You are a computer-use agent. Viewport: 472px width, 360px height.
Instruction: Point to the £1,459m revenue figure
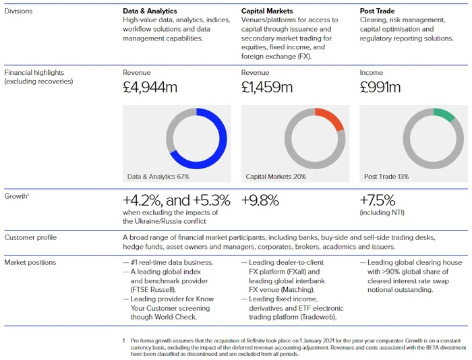click(x=267, y=87)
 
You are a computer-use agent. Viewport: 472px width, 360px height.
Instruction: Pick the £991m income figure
click(x=380, y=87)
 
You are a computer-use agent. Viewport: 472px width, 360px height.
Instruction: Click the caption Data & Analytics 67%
click(x=158, y=177)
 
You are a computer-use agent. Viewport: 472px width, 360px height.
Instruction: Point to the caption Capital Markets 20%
click(x=276, y=177)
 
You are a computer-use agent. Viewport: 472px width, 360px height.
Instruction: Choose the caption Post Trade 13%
click(x=386, y=177)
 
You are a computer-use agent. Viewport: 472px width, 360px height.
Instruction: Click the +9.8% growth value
click(x=260, y=201)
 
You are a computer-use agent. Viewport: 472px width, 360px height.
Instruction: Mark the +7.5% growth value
click(x=378, y=201)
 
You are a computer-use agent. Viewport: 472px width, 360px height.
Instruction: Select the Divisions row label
click(x=18, y=11)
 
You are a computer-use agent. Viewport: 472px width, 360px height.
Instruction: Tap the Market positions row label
click(x=30, y=262)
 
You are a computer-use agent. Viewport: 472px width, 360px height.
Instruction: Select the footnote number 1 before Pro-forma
click(x=124, y=342)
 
